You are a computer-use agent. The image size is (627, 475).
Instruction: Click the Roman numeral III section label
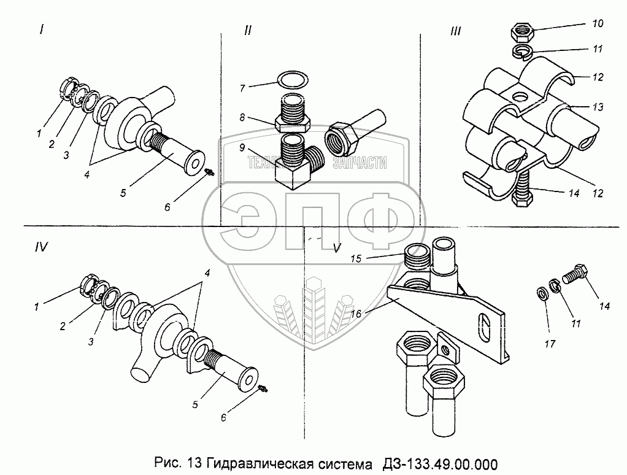click(455, 31)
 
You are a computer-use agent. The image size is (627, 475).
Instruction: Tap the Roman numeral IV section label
click(41, 247)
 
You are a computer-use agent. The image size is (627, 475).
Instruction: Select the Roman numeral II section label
click(248, 31)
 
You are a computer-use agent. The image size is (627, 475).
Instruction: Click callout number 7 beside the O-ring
click(242, 88)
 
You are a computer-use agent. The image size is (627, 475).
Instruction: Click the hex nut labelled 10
click(521, 33)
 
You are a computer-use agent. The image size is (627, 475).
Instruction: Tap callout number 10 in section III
click(598, 23)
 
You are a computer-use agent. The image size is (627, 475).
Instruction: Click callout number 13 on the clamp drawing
click(598, 107)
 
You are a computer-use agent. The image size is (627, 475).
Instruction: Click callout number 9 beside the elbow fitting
click(242, 147)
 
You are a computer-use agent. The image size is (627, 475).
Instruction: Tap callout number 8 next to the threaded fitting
click(242, 118)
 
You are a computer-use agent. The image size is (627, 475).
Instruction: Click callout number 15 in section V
click(356, 259)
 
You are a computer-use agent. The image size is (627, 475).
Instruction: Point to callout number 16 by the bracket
click(355, 314)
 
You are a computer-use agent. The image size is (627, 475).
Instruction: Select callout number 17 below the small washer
click(550, 344)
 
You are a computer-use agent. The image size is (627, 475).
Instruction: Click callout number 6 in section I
click(167, 207)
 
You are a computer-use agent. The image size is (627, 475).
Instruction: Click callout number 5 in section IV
click(194, 404)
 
